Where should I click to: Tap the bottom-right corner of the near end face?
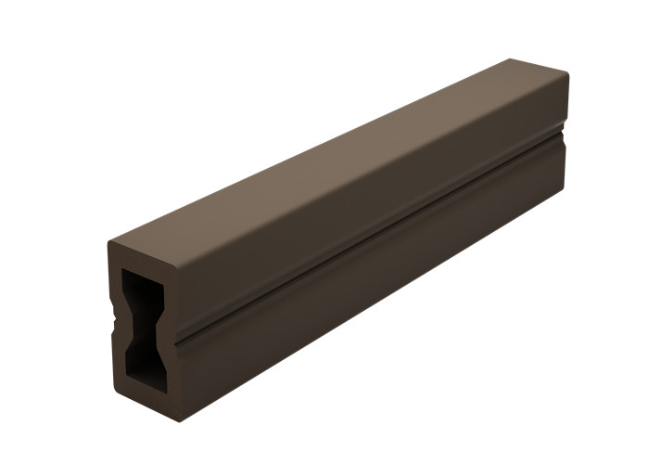pyautogui.click(x=177, y=419)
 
